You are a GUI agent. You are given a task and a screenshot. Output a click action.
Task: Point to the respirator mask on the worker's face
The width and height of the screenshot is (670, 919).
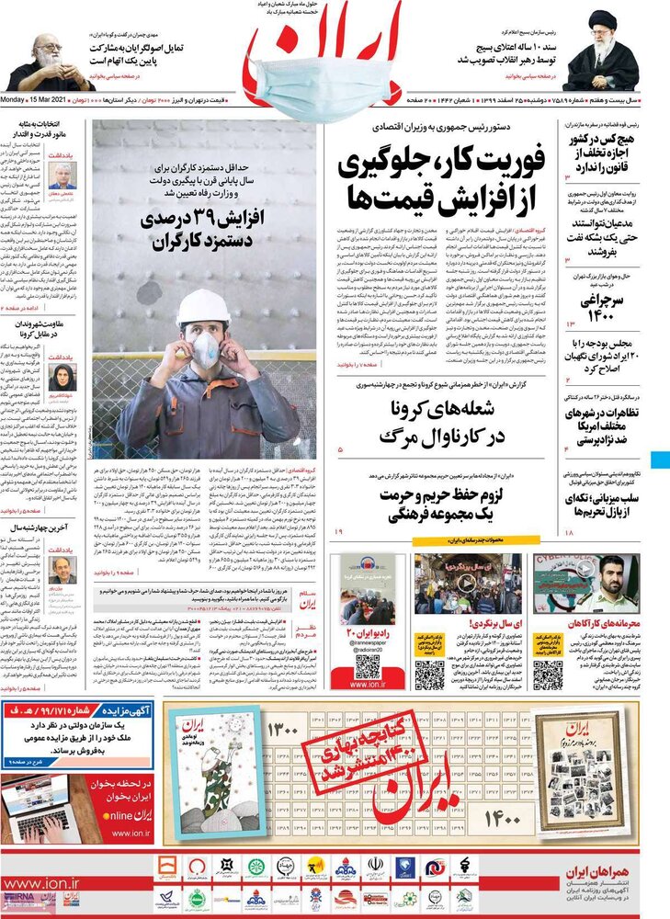tap(204, 349)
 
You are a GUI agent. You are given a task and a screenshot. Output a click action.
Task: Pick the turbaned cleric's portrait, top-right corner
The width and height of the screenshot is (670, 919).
tap(603, 52)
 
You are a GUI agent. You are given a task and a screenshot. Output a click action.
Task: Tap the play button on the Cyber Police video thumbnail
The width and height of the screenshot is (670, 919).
tap(585, 568)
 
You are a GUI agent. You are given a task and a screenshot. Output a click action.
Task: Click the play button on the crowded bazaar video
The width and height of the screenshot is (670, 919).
tap(468, 582)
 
